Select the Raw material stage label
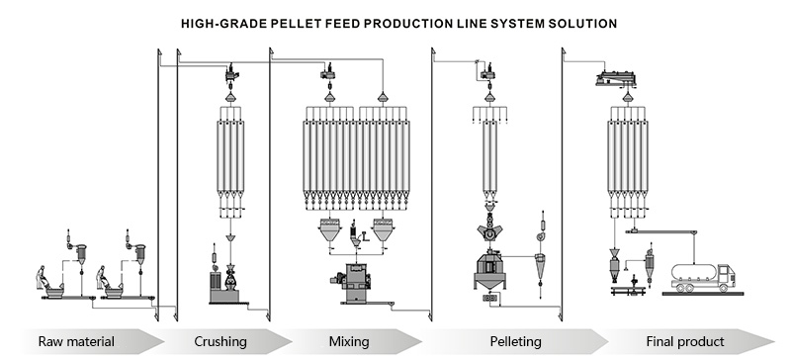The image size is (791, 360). point(76,342)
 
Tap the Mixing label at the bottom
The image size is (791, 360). point(348,342)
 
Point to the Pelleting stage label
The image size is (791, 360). point(515,342)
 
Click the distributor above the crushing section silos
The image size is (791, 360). point(229,72)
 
